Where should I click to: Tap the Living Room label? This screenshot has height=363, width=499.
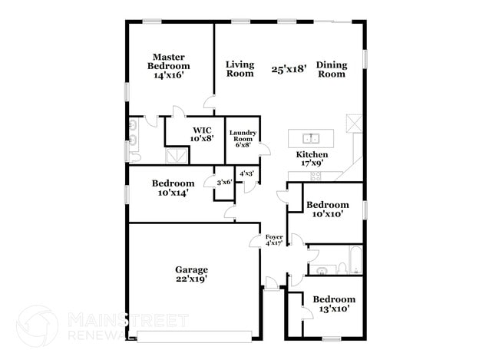coord(240,69)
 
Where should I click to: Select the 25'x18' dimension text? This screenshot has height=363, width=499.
coord(289,69)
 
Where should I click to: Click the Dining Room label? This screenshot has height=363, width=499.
coord(332,69)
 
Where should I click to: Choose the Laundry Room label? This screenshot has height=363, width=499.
coord(242,139)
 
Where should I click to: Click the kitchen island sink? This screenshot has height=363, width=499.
coord(311,139)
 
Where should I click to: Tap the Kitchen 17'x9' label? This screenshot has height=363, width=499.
coord(312,159)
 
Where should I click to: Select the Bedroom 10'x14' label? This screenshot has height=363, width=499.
coord(172,188)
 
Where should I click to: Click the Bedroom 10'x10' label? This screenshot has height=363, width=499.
coord(327,210)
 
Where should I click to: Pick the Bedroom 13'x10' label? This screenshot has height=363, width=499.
coord(333,303)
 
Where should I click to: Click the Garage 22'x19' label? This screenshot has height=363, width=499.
coord(191,274)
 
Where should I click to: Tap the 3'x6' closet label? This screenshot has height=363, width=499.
coord(224,183)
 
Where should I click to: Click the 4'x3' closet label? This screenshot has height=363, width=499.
coord(246,174)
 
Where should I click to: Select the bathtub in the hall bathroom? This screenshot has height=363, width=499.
coord(355,262)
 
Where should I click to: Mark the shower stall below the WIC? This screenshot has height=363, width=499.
coord(177,155)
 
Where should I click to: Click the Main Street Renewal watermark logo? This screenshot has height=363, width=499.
coord(36,325)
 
